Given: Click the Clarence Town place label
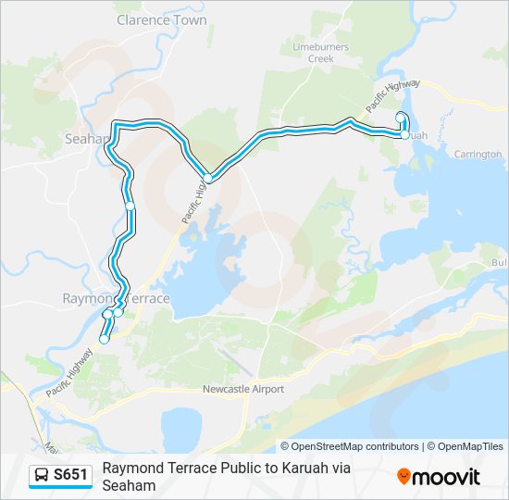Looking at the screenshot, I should coord(162,19).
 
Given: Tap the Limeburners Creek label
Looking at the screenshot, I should coord(325,52).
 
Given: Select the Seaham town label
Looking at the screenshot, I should coord(86,139).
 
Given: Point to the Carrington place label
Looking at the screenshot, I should coord(478,154).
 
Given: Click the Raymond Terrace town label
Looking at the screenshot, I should coord(116,299).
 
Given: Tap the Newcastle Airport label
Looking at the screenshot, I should coord(243,390).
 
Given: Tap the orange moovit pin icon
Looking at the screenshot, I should coord(403,477).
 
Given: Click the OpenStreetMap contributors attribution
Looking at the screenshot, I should coord(350,446).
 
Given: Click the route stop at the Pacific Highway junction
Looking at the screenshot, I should coord(208,179).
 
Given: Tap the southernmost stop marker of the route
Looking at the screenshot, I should coord(104,340).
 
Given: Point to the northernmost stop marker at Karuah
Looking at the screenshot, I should coord(400,117).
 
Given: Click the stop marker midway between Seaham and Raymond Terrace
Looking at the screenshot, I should coord(130,205).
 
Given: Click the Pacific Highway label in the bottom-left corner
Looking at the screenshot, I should coord(70,371).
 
